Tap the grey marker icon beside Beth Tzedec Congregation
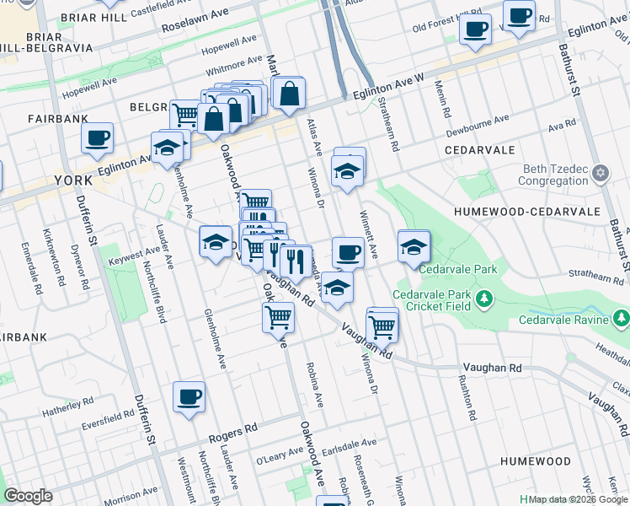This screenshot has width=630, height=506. [600, 175]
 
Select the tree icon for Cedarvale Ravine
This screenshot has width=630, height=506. [621, 319]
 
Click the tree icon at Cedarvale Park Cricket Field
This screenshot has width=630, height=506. [484, 299]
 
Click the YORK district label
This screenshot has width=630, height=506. [72, 180]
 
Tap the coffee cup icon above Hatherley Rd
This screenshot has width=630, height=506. [189, 396]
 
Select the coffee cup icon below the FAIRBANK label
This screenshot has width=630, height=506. [97, 137]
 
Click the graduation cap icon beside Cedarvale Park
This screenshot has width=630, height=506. [414, 248]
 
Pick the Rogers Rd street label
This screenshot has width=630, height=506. [233, 432]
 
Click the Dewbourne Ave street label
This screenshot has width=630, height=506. [478, 124]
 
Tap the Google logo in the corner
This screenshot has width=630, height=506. [28, 496]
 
